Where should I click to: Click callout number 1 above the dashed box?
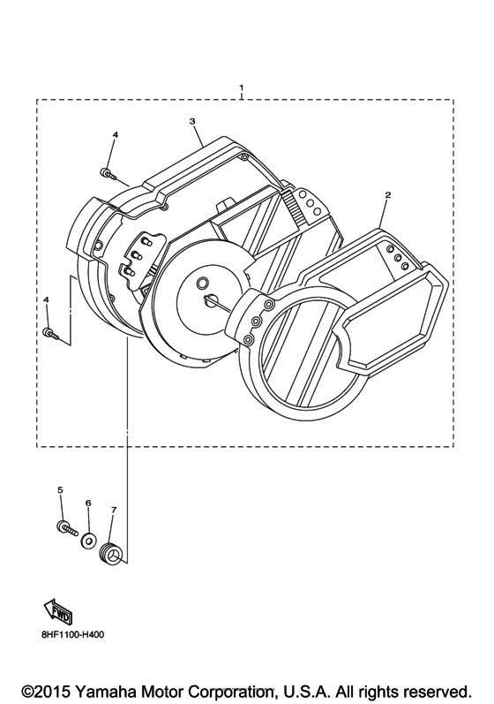242,87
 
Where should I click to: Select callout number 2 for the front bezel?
388,195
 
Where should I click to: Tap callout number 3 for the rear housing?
192,121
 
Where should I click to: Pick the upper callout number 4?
116,134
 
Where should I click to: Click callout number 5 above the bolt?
61,490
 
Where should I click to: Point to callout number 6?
88,503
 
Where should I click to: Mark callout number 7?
114,510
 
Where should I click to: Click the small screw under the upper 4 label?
108,173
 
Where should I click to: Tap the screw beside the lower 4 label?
50,333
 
